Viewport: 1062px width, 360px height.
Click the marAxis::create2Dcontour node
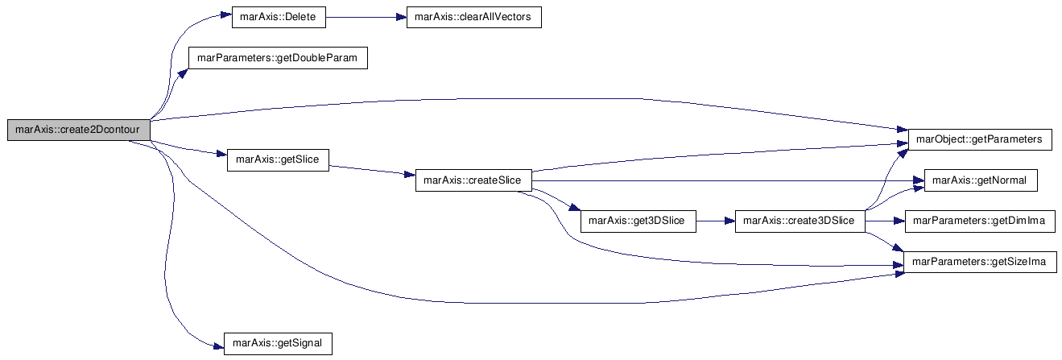click(79, 130)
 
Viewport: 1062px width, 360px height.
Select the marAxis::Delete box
click(279, 17)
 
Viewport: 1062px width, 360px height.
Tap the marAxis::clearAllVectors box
click(474, 17)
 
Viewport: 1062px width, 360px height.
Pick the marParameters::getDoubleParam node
click(278, 58)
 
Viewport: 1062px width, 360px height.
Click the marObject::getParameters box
click(980, 139)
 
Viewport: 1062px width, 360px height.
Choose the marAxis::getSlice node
click(278, 159)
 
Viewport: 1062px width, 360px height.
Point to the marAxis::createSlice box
click(473, 180)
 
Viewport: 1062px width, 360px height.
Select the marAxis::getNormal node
click(981, 180)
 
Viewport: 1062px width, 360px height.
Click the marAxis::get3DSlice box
click(638, 221)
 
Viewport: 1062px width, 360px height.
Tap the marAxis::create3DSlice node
click(800, 221)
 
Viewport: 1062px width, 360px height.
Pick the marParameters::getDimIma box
click(981, 221)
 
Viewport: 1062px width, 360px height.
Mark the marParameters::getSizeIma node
click(981, 262)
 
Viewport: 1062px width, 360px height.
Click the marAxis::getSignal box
click(278, 343)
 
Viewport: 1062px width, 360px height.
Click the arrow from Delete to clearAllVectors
click(366, 18)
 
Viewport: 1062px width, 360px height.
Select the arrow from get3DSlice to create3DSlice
click(716, 221)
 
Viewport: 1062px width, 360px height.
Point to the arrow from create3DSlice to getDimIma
click(885, 221)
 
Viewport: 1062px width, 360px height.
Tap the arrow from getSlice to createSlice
click(372, 171)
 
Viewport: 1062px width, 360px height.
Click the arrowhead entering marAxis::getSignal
click(218, 347)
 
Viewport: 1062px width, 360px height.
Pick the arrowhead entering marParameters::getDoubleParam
click(183, 73)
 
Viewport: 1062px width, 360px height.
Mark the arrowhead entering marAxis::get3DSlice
click(575, 207)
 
